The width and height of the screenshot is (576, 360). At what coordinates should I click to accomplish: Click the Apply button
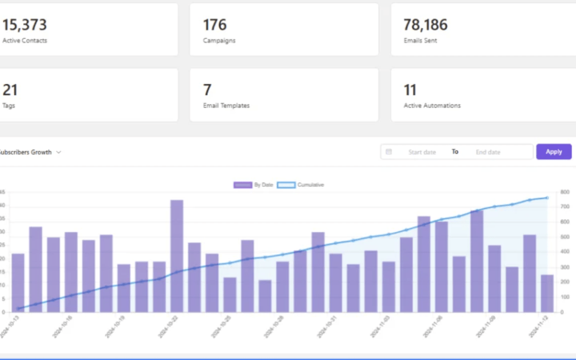[x=554, y=152]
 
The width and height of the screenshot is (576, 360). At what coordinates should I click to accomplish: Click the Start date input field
[x=422, y=152]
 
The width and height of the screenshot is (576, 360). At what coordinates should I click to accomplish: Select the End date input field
[x=488, y=152]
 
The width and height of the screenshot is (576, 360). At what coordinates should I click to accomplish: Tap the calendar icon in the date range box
[x=389, y=152]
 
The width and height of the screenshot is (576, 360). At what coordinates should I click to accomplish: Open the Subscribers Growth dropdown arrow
[x=59, y=152]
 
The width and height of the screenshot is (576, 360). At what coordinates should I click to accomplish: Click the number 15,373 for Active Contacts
[x=25, y=25]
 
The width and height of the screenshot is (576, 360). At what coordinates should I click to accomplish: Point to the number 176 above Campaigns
[x=214, y=25]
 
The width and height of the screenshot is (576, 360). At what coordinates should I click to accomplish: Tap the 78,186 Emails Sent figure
[x=426, y=25]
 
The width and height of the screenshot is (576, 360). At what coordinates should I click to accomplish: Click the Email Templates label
[x=226, y=106]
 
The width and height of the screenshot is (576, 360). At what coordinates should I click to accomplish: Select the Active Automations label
[x=432, y=106]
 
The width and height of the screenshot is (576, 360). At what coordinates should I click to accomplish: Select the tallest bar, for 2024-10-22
[x=177, y=256]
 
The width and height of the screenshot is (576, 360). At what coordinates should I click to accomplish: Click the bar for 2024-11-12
[x=547, y=293]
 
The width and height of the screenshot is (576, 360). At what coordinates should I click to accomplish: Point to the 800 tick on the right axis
[x=565, y=192]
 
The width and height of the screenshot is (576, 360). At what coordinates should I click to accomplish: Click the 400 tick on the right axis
[x=565, y=252]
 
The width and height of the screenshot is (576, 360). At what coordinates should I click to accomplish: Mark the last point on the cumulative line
[x=547, y=198]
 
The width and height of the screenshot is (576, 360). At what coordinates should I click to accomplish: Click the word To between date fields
[x=455, y=152]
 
